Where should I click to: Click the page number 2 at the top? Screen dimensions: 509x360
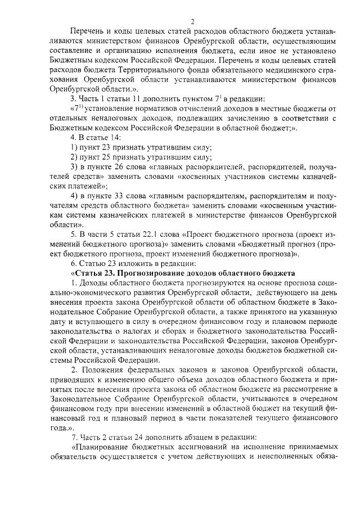click(x=192, y=21)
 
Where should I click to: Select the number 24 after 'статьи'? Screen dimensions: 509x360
click(x=148, y=437)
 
